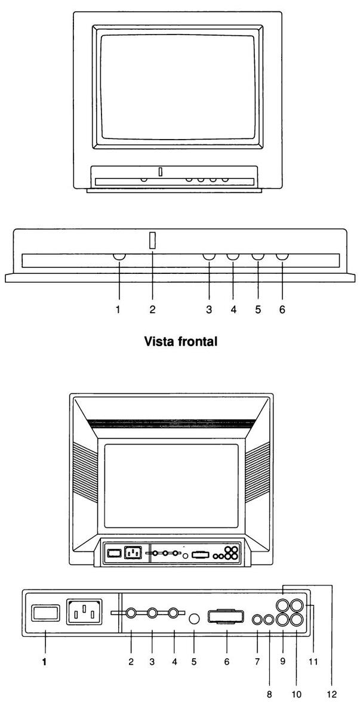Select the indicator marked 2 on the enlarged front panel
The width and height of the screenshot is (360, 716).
pyautogui.click(x=152, y=240)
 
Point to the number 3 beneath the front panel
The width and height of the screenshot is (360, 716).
pyautogui.click(x=209, y=309)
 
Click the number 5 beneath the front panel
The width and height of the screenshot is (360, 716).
pyautogui.click(x=258, y=309)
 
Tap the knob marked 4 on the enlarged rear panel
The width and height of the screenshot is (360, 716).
pyautogui.click(x=174, y=613)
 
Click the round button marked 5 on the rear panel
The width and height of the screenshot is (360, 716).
pyautogui.click(x=193, y=619)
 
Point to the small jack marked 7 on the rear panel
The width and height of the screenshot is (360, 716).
pyautogui.click(x=257, y=620)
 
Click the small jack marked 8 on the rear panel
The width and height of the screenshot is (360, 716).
pyautogui.click(x=268, y=620)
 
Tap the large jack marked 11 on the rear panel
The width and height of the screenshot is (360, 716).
pyautogui.click(x=297, y=606)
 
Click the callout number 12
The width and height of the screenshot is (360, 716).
pyautogui.click(x=332, y=693)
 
